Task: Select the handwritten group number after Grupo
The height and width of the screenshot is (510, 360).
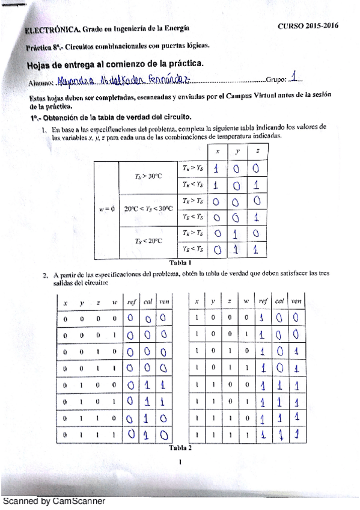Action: click(293, 78)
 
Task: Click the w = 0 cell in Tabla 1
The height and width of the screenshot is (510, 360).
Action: click(106, 209)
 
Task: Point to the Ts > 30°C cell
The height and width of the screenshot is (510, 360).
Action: click(148, 176)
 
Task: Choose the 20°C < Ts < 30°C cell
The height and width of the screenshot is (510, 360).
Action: click(148, 209)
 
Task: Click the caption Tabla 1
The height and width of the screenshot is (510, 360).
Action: click(181, 262)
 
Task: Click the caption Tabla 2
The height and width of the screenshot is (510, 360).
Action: click(180, 447)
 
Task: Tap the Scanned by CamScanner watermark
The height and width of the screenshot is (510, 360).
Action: click(54, 500)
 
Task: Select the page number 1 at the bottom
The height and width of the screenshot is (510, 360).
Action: click(180, 463)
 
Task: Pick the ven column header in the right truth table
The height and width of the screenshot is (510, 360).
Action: click(296, 301)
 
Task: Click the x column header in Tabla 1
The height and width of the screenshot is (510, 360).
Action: click(218, 152)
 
